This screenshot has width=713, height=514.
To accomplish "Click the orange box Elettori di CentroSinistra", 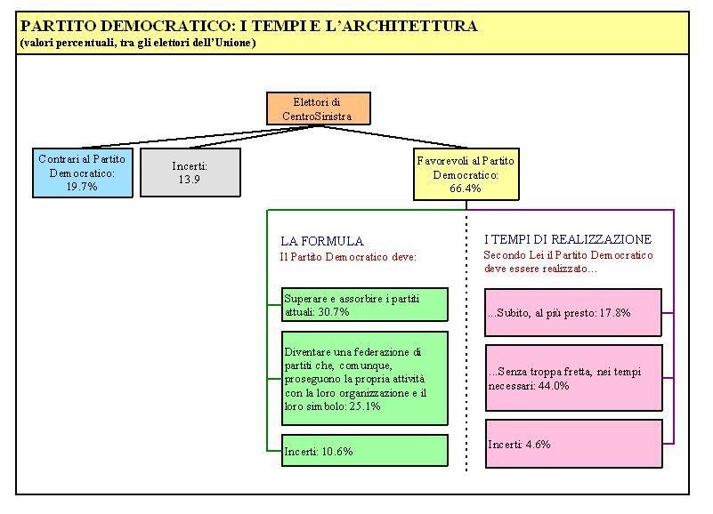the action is pos(319,108).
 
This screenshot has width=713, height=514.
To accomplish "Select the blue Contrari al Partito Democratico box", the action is pos(83,173).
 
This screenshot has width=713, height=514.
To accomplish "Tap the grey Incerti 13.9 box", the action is pos(190,173).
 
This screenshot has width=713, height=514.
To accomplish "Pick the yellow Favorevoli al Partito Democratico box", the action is pos(466,174).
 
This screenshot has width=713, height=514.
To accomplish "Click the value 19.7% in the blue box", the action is pos(82,187).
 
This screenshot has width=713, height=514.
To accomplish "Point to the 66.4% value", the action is pos(466,189).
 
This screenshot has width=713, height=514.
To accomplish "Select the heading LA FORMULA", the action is pos(322,241).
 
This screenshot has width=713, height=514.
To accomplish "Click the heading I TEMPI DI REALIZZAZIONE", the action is pos(568,239).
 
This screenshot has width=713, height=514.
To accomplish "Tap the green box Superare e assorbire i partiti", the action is pos(365,304).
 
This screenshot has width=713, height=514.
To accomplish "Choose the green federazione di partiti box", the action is pos(365,379).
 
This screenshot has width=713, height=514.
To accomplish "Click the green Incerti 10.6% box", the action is pos(365,450).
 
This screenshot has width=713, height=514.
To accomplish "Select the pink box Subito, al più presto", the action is pos(573,313).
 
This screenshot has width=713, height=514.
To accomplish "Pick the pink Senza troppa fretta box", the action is pos(574,378).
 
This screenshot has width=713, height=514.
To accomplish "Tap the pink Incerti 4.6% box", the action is pos(574,444).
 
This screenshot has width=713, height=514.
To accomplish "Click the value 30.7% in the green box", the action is pos(334,312).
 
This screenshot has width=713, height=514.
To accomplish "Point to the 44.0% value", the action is pos(554,386).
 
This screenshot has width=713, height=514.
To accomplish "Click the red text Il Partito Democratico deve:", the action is pos(348,257).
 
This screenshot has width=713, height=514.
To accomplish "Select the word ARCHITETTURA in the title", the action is pos(409,26).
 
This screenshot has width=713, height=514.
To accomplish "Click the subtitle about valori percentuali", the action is pos(138,43).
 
